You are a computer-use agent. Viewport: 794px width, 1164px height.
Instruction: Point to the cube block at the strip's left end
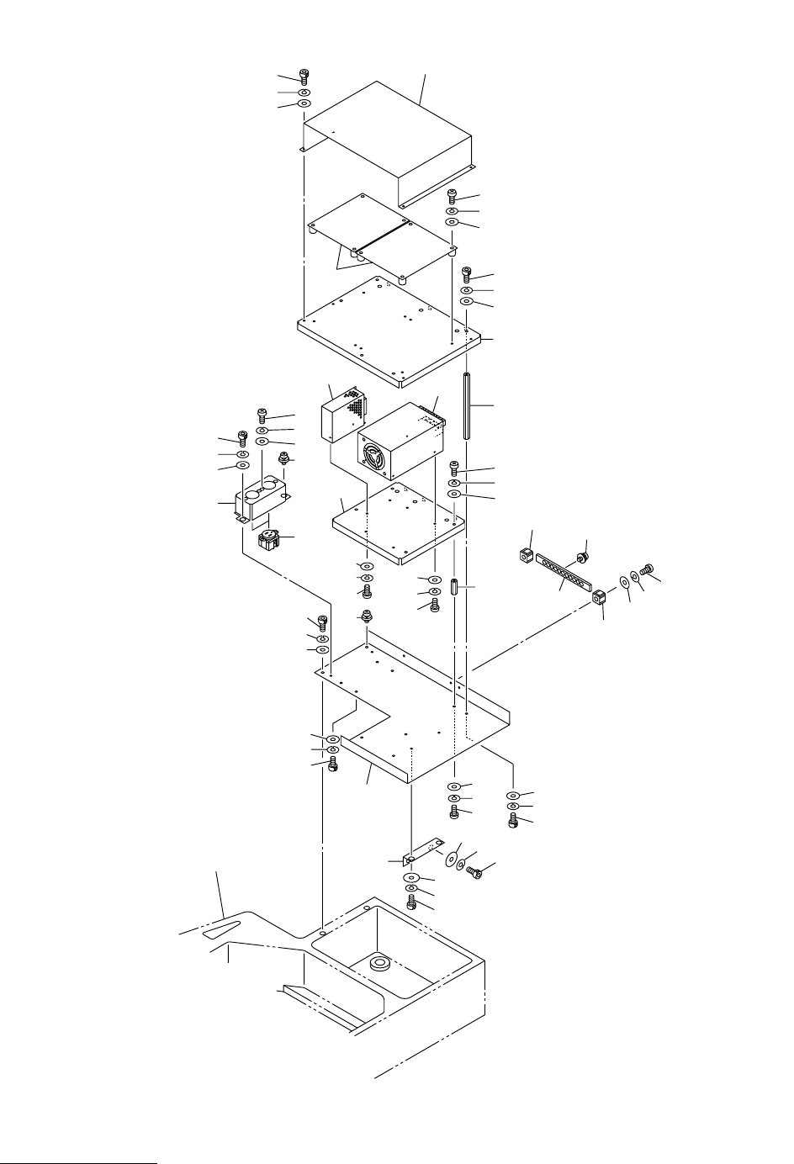click(527, 555)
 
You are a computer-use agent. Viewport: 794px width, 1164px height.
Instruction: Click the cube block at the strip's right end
click(599, 599)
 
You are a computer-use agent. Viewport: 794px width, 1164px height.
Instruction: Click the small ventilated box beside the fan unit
click(343, 416)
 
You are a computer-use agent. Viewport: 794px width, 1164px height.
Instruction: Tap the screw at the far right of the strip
click(647, 569)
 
